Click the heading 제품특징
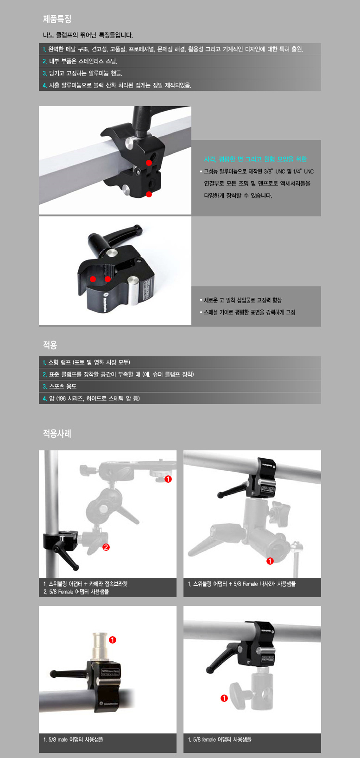click(57, 19)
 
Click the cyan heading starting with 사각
click(255, 159)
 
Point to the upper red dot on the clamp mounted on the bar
click(149, 163)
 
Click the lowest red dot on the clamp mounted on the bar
click(149, 194)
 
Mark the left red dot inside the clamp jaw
click(93, 279)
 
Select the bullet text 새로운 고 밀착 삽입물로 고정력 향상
click(243, 300)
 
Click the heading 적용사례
click(57, 434)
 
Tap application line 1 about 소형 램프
click(89, 362)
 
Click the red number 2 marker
click(106, 547)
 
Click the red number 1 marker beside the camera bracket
click(168, 479)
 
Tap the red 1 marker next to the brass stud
click(113, 640)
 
